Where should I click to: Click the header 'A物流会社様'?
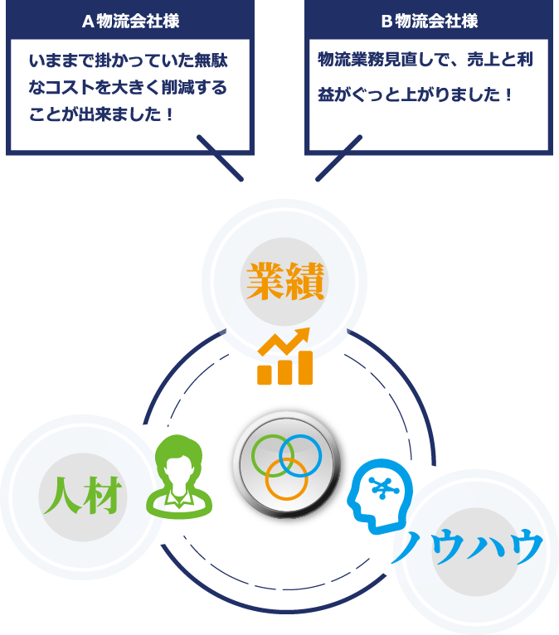coord(130,20)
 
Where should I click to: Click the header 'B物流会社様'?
coord(429,20)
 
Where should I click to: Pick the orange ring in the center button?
coord(286,478)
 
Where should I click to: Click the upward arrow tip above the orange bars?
coord(304,332)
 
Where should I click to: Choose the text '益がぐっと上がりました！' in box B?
coord(416,95)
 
